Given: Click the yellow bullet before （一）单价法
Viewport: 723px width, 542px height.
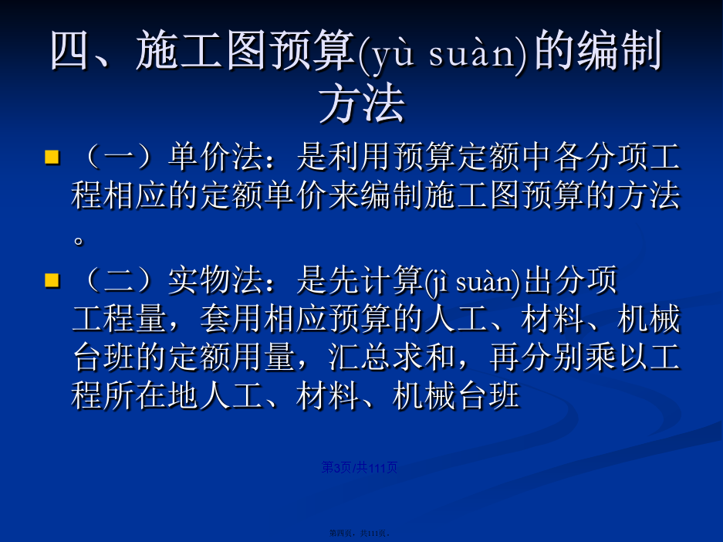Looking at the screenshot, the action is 52,157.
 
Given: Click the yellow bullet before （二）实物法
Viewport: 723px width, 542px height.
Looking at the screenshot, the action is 52,280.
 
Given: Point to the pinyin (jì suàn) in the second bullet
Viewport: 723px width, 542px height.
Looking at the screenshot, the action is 472,281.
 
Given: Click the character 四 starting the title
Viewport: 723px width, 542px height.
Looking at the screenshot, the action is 69,51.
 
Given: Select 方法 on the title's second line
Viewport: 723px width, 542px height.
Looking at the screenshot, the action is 362,103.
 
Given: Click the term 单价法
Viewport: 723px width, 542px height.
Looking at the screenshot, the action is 215,157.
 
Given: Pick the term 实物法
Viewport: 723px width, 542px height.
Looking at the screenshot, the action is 215,280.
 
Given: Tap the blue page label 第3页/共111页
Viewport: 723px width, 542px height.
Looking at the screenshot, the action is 360,468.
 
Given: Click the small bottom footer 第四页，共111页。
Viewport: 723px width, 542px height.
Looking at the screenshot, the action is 360,534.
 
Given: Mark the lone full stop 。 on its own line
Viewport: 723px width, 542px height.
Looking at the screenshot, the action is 79,240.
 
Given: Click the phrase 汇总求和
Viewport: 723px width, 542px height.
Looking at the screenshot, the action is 392,357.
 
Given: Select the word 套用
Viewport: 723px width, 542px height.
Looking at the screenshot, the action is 231,319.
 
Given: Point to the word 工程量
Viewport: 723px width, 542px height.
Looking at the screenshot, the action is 120,319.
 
